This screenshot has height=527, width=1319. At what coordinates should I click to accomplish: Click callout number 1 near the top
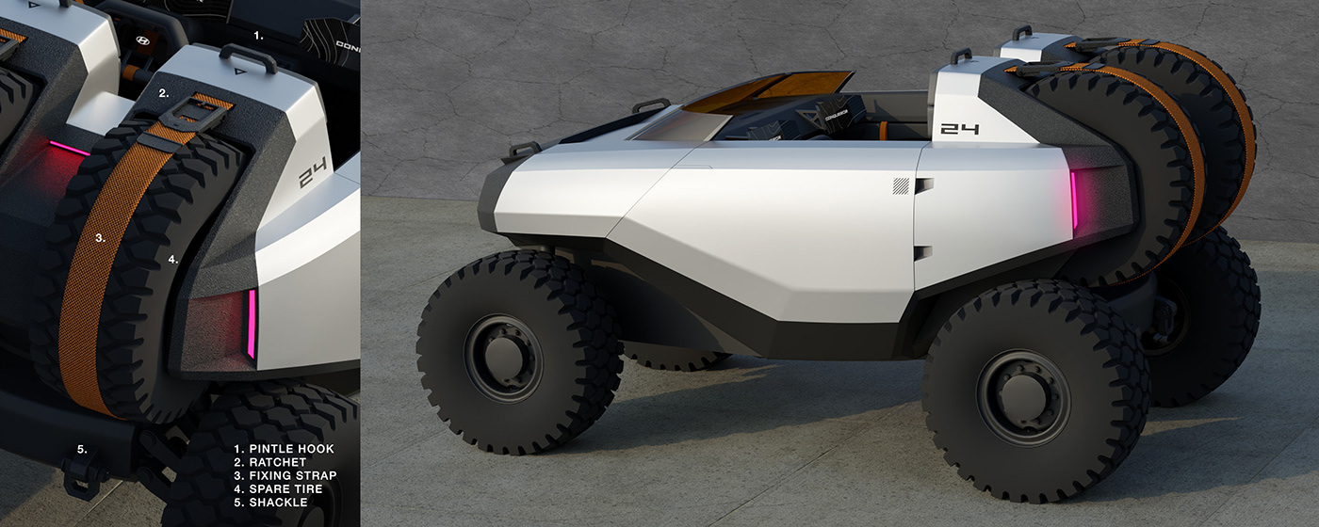(x=260, y=35)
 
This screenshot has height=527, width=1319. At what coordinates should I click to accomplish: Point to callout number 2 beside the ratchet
(x=164, y=93)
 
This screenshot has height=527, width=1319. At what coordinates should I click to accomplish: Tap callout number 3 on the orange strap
(x=100, y=238)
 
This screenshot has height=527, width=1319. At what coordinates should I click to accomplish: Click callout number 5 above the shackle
(x=82, y=449)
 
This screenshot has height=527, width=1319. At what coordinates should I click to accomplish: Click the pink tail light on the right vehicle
(x=1074, y=204)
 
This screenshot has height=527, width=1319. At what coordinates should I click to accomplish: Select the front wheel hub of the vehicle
(x=503, y=358)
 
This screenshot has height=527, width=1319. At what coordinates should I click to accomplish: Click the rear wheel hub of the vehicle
(x=1021, y=396)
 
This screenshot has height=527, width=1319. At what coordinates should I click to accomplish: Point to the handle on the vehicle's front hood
(x=521, y=150)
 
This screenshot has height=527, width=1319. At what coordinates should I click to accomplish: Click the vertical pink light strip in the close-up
(x=252, y=324)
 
